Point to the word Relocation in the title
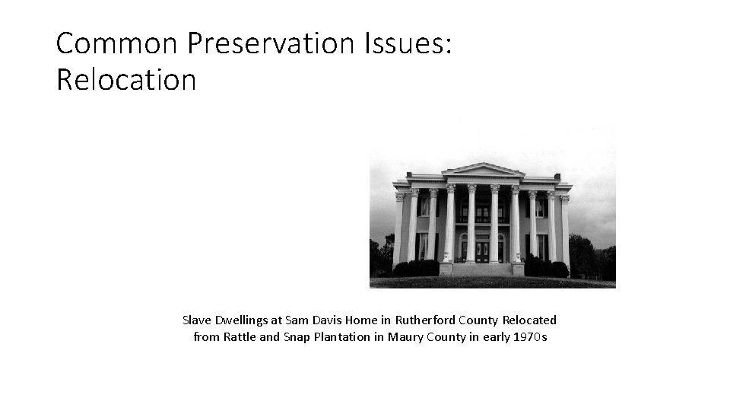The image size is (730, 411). [x=126, y=79]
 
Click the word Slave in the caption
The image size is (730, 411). [x=198, y=320]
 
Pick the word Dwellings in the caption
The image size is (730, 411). [x=243, y=320]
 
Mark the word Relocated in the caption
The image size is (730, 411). [x=529, y=320]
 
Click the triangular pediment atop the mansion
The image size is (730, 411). [x=482, y=170]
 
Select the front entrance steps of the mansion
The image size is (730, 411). [x=482, y=269]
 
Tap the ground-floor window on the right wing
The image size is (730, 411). [x=541, y=246]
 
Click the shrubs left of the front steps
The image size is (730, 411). [x=416, y=268]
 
